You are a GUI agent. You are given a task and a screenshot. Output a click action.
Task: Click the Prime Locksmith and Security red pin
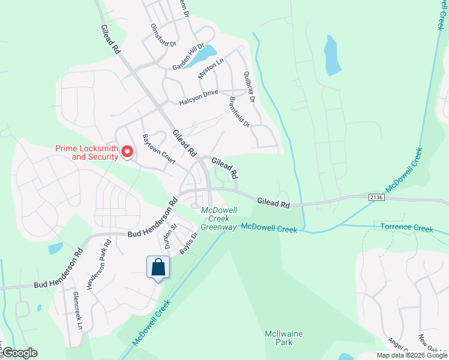(x=127, y=152)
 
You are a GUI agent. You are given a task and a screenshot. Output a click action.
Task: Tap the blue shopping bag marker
(x=158, y=267)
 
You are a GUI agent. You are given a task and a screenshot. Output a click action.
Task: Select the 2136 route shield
(x=376, y=197)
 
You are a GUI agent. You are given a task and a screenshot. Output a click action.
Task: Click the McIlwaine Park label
(x=279, y=337)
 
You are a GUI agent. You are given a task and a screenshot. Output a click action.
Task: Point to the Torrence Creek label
(x=406, y=227)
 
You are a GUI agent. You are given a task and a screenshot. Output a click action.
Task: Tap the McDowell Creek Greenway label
(x=219, y=218)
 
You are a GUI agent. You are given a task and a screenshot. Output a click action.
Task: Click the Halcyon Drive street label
(x=199, y=98)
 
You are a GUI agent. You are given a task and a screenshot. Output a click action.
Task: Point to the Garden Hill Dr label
(x=188, y=56)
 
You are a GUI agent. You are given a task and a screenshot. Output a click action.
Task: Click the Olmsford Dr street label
(x=164, y=35)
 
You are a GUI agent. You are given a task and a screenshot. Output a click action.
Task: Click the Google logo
(x=20, y=353)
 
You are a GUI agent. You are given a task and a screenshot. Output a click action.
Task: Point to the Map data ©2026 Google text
(x=411, y=355)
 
